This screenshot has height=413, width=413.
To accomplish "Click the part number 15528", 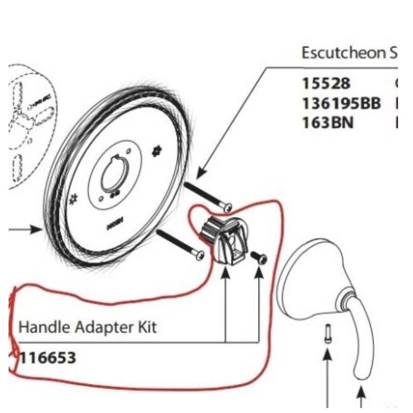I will pos(326,84).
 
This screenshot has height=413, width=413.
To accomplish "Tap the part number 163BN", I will pos(327,122).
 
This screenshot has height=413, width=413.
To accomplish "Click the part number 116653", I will pos(48,358).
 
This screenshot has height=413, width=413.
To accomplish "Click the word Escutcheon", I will pos(342,53).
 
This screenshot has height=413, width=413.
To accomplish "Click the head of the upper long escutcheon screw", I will pos(228,206).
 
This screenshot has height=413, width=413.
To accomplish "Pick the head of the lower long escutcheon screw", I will pos(198,255).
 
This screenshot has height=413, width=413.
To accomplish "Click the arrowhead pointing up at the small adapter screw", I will pos(259,274).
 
